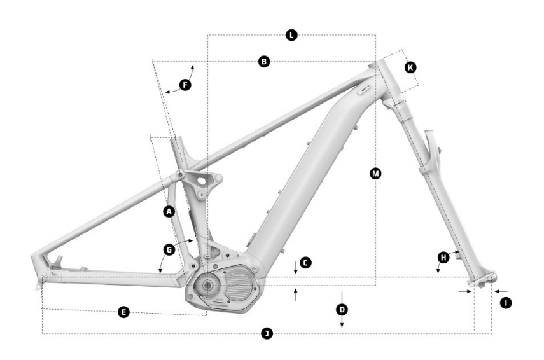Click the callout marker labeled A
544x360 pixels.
(169, 211)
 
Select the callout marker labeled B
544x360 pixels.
(264, 62)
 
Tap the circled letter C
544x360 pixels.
(306, 262)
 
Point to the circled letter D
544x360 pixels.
(342, 309)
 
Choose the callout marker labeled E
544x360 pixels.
(124, 312)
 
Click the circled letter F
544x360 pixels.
(185, 84)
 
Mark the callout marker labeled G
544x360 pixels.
(169, 250)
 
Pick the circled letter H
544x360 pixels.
(444, 257)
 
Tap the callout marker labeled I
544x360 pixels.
(505, 304)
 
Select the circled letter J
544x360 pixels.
(267, 333)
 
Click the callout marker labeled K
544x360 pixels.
(410, 67)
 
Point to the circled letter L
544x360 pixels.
(291, 35)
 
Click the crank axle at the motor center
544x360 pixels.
(207, 286)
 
